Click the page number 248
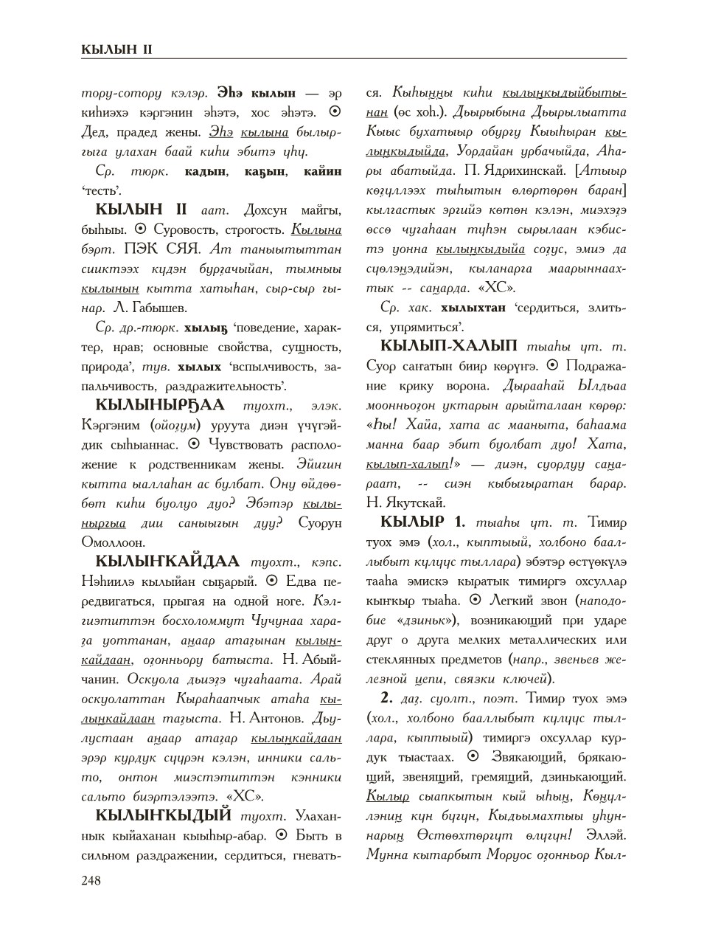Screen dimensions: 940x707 point(91,880)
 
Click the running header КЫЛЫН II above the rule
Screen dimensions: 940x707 point(116,49)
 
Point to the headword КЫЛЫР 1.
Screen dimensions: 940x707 point(422,522)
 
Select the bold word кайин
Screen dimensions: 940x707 point(322,171)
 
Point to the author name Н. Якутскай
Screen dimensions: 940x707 point(405,502)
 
